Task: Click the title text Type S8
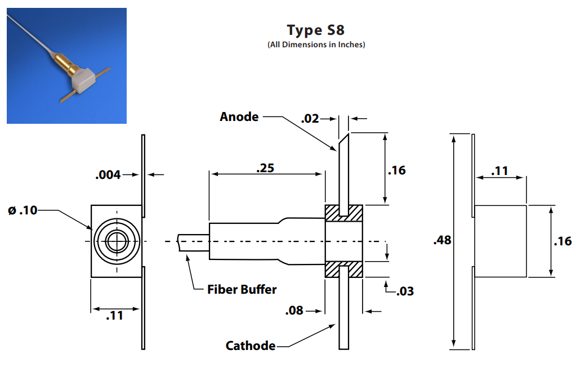click(x=315, y=30)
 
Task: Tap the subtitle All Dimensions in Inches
click(x=316, y=45)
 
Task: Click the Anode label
click(x=239, y=117)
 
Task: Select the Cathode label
click(x=251, y=345)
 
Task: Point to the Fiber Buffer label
click(x=242, y=290)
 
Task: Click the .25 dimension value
click(x=266, y=168)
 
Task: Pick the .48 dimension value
click(x=443, y=240)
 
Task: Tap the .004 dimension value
click(x=108, y=175)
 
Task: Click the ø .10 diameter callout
click(x=23, y=210)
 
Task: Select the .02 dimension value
click(x=310, y=119)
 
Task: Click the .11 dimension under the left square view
click(x=115, y=316)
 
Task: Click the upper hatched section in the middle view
click(x=343, y=212)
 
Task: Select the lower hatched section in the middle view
click(x=343, y=269)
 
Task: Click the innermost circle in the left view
click(x=117, y=241)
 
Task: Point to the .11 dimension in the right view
click(x=501, y=170)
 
